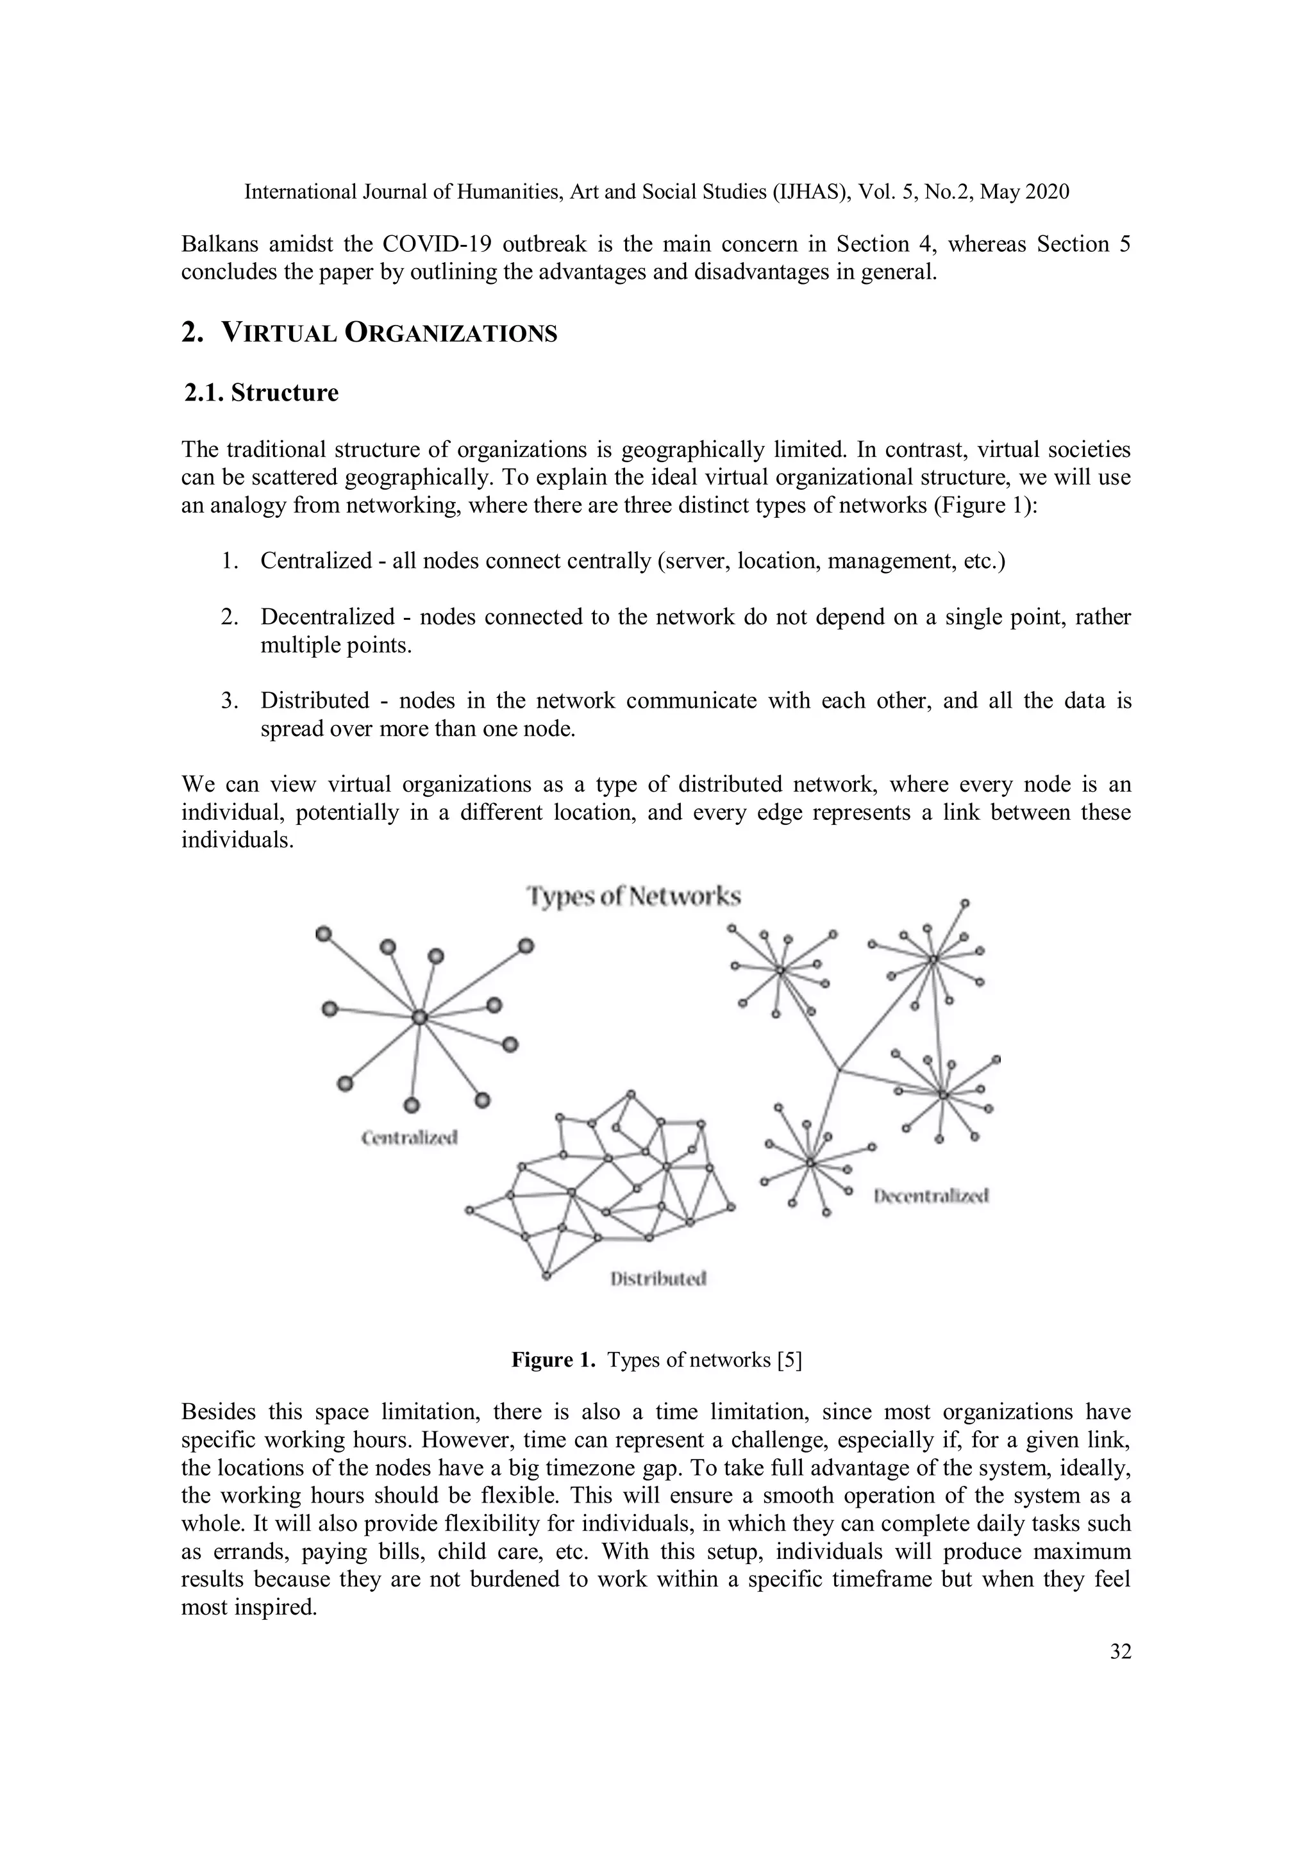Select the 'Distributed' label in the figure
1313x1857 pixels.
coord(658,1279)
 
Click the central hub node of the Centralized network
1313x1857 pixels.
coord(419,1017)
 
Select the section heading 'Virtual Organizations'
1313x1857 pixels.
coord(389,333)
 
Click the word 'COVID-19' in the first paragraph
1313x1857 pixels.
coord(437,244)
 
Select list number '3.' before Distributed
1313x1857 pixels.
coord(230,701)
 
